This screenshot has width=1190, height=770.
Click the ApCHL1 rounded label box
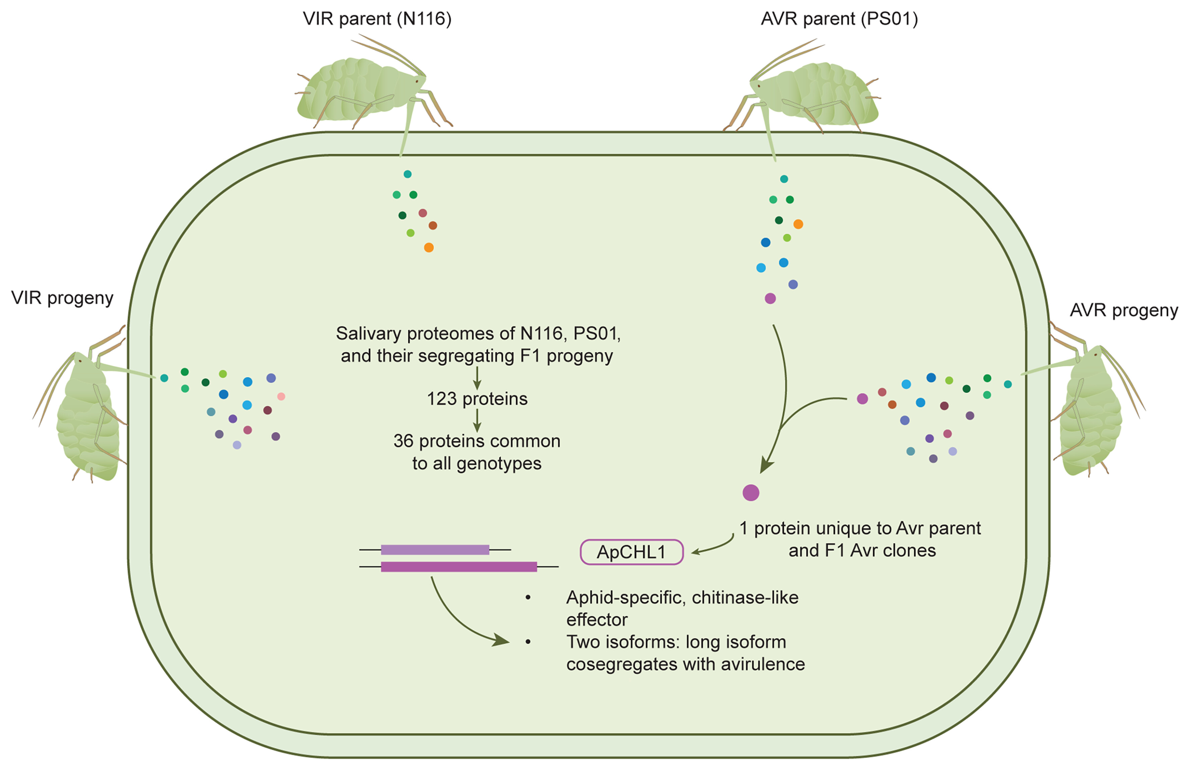pos(631,552)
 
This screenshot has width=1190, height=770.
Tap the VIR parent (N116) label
pos(377,19)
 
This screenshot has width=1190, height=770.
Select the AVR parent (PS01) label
pos(839,19)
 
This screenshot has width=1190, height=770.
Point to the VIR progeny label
pos(62,298)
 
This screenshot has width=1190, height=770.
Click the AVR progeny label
pos(1124,311)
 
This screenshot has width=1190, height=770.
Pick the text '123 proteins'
pos(477,399)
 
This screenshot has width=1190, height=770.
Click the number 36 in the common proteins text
pos(403,441)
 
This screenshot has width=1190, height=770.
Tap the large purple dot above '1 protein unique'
pos(751,493)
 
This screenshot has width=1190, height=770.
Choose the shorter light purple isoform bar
pos(435,550)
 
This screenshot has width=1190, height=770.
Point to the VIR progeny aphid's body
pos(87,420)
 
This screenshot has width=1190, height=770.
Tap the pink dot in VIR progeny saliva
pos(281,396)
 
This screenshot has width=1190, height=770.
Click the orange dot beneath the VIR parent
pos(428,248)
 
